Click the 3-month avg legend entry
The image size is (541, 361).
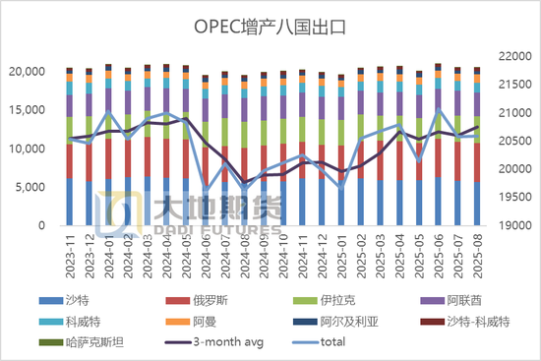[222, 341]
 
